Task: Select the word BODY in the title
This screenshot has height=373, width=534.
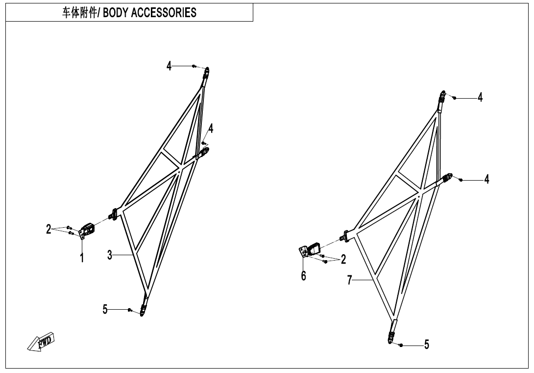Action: [116, 13]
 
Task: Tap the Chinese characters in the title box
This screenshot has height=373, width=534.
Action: [79, 13]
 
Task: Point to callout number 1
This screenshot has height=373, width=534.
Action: [82, 258]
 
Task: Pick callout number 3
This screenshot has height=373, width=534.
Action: [110, 255]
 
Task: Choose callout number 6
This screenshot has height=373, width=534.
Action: [303, 275]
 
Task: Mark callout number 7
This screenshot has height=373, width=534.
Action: [349, 280]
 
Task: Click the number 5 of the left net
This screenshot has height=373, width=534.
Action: [105, 310]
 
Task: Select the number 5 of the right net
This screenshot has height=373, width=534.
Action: [427, 345]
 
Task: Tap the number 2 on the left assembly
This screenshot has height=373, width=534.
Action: [49, 229]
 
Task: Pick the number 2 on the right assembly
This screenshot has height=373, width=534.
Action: [343, 259]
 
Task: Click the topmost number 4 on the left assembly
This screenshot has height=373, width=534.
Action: [169, 66]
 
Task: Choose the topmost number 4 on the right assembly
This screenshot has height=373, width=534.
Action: [480, 97]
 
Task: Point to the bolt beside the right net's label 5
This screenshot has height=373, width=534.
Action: [401, 346]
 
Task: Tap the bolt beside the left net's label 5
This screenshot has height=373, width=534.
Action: [129, 310]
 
